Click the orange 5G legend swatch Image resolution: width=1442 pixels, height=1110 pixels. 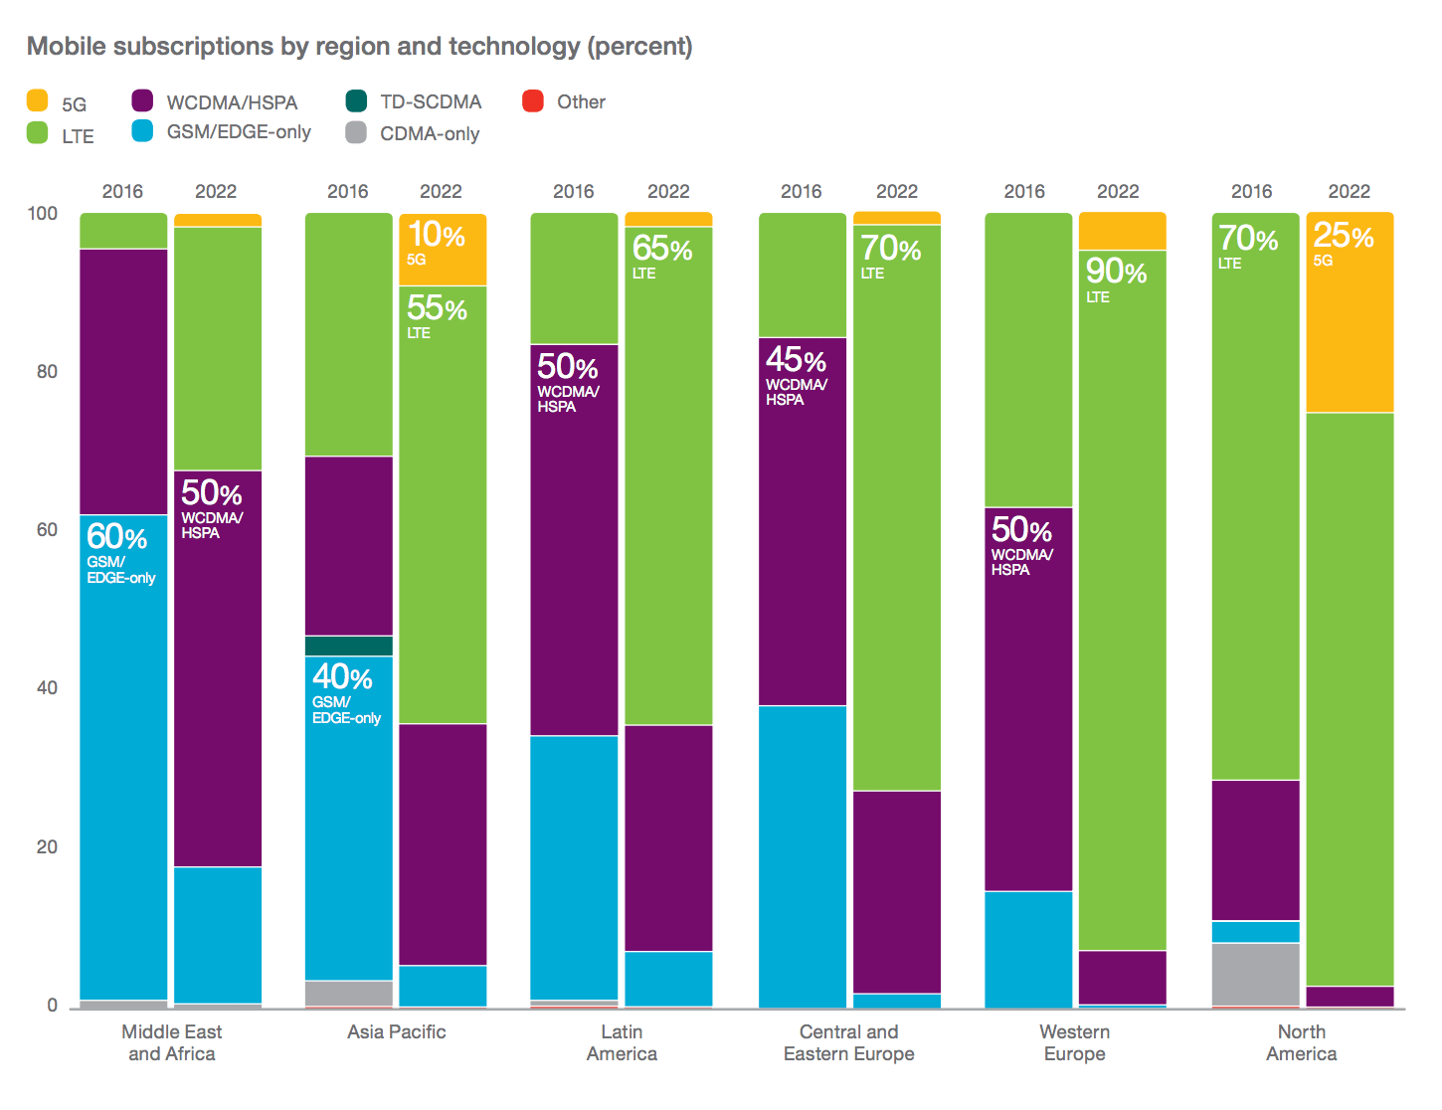pos(37,100)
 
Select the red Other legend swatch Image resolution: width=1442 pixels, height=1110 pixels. pos(532,100)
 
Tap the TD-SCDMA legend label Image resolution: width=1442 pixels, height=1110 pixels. pos(431,101)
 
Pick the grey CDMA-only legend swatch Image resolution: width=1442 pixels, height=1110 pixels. pos(356,132)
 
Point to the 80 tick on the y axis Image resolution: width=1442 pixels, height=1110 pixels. pos(47,371)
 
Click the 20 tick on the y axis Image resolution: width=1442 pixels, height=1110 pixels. pos(47,846)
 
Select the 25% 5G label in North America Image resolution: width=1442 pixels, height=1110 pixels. pos(1344,243)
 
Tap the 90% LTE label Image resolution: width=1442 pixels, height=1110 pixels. pos(1116,278)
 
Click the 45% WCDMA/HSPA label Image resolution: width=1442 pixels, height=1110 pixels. pos(797,375)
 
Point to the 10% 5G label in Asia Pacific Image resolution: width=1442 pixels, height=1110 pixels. pos(436,242)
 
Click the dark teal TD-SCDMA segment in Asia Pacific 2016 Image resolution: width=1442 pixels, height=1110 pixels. pos(348,646)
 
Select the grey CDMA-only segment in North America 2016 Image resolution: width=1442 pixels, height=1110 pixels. pos(1255,974)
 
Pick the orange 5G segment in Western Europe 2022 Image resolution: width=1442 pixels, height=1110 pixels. pos(1122,230)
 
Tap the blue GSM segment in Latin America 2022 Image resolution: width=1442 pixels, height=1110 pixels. pos(668,979)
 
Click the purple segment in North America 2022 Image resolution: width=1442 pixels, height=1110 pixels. pos(1350,996)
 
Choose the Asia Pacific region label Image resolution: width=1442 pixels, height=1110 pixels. pos(396,1031)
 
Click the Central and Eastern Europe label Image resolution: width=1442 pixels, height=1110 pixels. pos(848,1042)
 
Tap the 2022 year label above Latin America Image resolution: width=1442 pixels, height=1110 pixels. pos(668,191)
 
